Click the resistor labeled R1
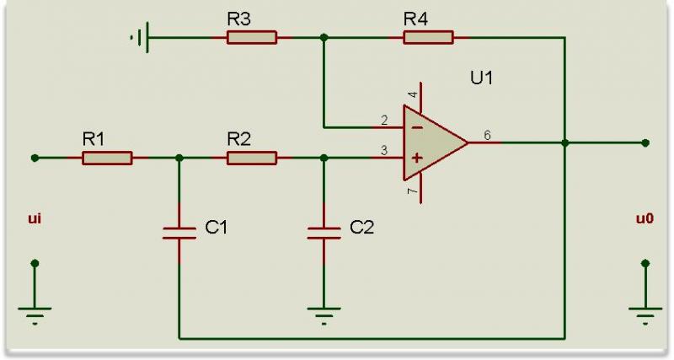[107, 158]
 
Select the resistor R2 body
[252, 158]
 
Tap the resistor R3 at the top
[252, 37]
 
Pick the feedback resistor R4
[428, 37]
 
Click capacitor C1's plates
[179, 233]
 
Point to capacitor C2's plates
[324, 233]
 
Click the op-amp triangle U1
[431, 142]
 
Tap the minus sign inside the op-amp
[415, 127]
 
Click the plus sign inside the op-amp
[415, 158]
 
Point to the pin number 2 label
[384, 120]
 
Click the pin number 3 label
[384, 150]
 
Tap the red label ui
[35, 219]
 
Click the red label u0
[645, 219]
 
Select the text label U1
[481, 78]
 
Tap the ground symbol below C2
[324, 315]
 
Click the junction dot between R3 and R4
[324, 37]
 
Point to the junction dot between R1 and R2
[179, 158]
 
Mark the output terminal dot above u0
[645, 142]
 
